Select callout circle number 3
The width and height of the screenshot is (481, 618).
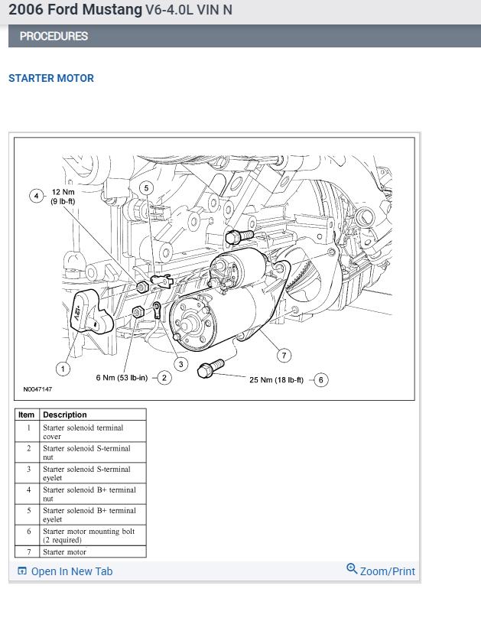click(181, 364)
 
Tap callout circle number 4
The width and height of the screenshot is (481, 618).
click(36, 196)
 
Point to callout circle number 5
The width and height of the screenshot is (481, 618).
click(147, 187)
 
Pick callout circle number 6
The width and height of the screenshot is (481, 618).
click(320, 379)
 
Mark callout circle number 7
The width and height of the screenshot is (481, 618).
click(284, 355)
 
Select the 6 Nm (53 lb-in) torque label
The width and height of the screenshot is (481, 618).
click(122, 378)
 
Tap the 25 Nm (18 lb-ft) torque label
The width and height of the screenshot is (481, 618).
click(276, 380)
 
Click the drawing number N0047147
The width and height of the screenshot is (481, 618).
click(37, 389)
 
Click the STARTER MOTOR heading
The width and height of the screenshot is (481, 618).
click(51, 78)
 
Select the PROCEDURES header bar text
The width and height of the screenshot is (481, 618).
click(54, 36)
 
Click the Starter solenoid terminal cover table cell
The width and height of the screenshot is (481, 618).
click(83, 432)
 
